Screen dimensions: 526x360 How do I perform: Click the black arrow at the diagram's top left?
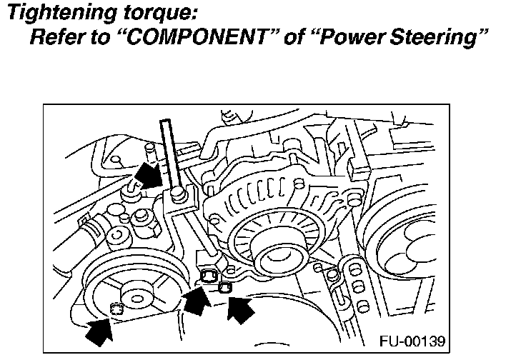click(x=149, y=173)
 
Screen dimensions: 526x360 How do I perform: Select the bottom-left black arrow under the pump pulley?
click(x=99, y=330)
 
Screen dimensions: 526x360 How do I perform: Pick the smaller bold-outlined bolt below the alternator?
click(x=224, y=287)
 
